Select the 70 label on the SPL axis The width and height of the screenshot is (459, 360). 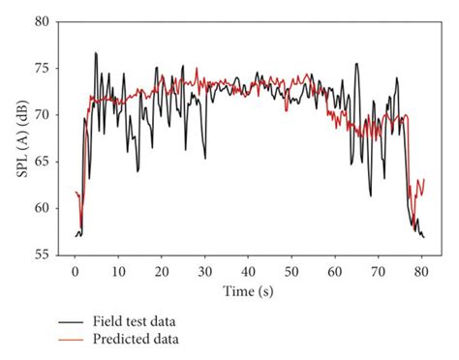click(44, 115)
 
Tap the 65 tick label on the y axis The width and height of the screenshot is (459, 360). click(44, 162)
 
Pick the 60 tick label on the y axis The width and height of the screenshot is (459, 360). click(44, 208)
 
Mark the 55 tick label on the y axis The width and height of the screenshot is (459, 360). click(44, 255)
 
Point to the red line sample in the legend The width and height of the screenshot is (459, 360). click(71, 340)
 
